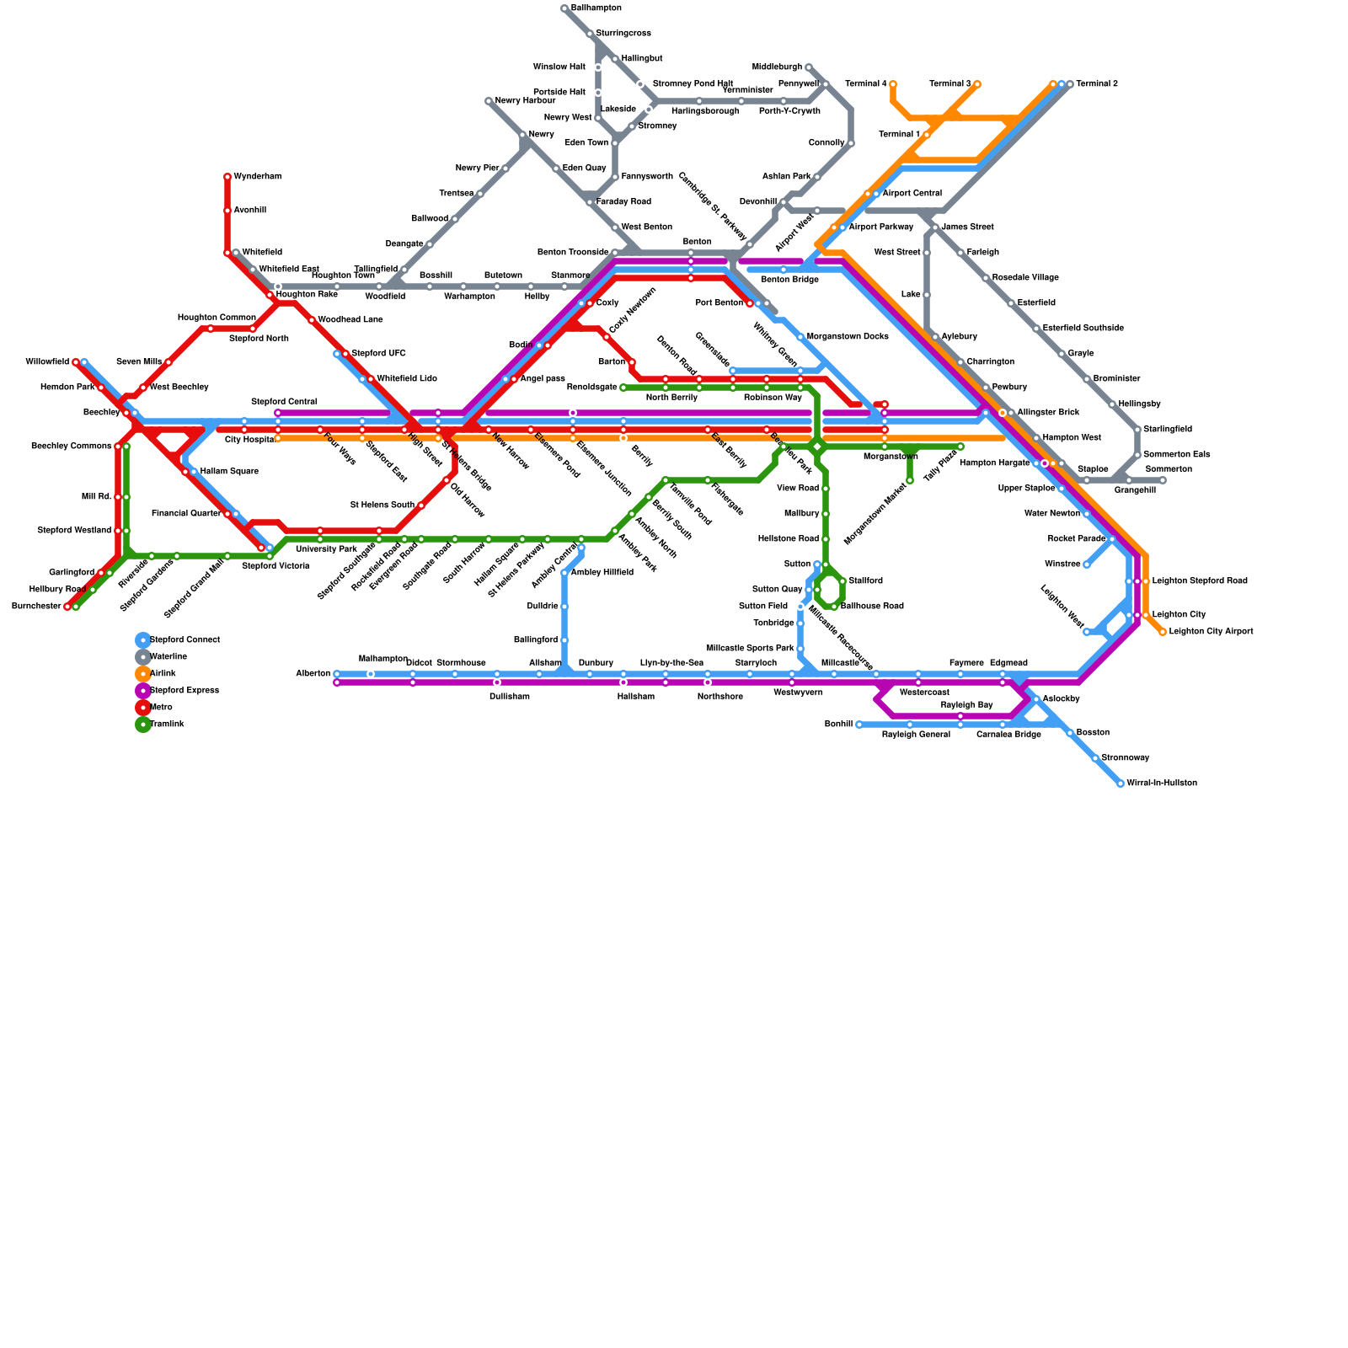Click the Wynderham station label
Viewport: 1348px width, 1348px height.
[257, 177]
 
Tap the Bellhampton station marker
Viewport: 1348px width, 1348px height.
[564, 8]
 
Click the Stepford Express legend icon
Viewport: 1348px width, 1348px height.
[143, 691]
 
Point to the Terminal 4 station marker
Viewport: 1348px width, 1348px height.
[893, 84]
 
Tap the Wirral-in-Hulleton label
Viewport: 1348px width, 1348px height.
[1161, 784]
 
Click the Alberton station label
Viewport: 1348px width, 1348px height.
[313, 674]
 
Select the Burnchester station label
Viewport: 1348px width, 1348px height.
[35, 607]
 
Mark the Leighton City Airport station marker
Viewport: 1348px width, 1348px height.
[1163, 632]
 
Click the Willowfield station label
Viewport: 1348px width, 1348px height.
[47, 362]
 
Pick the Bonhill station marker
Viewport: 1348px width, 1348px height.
[859, 725]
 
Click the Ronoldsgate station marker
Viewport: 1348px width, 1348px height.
[623, 388]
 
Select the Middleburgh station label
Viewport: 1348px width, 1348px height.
[777, 67]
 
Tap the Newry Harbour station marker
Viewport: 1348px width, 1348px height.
[489, 101]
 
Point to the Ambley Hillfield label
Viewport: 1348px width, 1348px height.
[602, 573]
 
